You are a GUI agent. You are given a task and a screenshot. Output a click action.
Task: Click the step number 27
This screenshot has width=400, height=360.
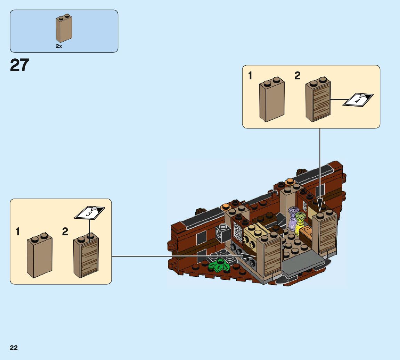coord(20,65)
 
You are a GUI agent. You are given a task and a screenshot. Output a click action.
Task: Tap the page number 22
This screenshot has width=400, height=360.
coord(14,348)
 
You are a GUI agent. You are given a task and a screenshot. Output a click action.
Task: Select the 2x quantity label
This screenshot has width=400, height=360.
coord(59,46)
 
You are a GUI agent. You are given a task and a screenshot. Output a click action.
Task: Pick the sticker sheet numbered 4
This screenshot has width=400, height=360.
coord(358,100)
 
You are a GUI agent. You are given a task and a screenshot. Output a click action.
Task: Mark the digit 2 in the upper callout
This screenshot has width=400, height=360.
coord(297,76)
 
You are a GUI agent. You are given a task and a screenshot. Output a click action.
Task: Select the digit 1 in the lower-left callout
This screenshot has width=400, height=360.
coord(18,232)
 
